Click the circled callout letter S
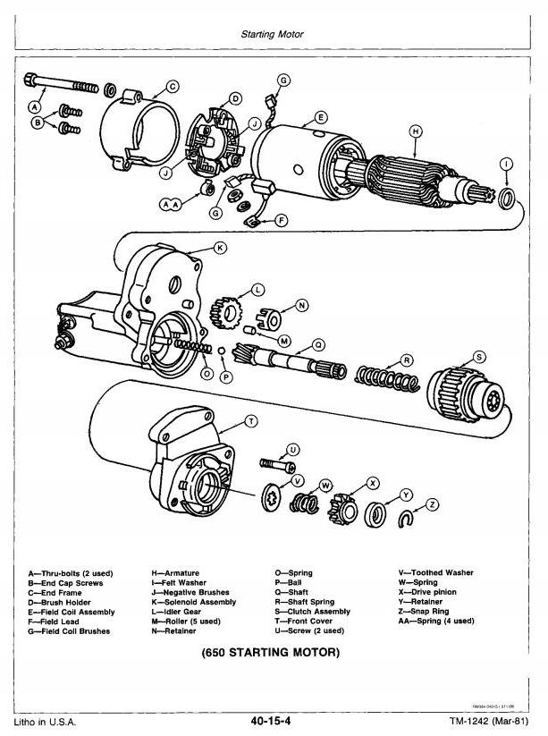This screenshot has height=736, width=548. coord(480,356)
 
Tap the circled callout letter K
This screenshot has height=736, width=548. coord(220,247)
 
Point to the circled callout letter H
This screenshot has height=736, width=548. coord(416,131)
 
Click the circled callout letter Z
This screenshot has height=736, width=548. coord(434,504)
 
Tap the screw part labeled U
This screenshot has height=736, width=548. coord(276,463)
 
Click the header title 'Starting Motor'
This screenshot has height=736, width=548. coord(274,35)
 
